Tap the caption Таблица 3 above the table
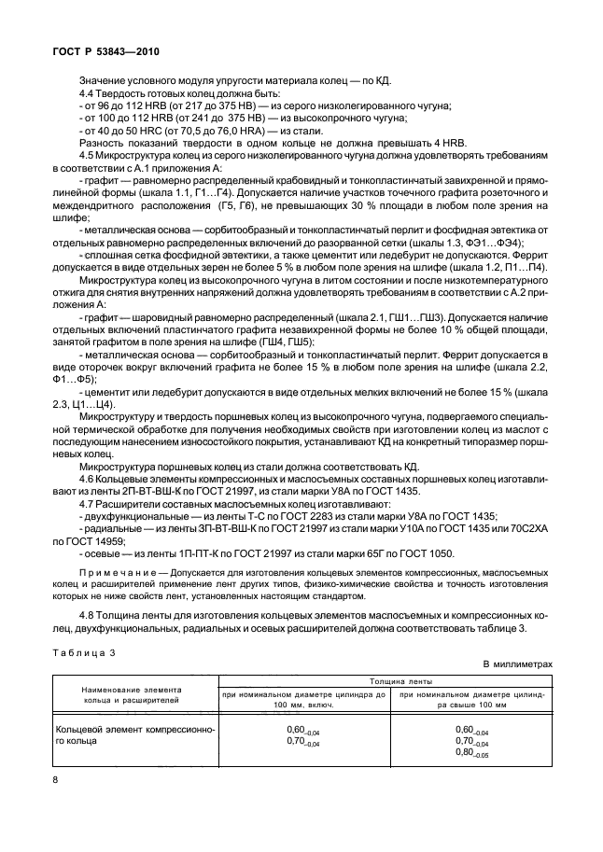pyautogui.click(x=83, y=654)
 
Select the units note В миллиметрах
pyautogui.click(x=517, y=664)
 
